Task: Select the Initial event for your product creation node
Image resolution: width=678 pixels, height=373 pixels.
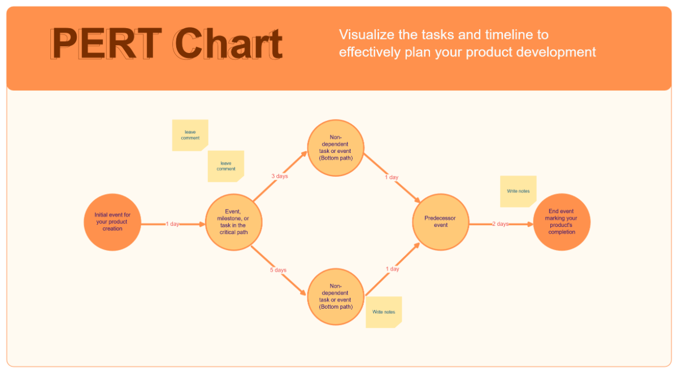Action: (x=112, y=222)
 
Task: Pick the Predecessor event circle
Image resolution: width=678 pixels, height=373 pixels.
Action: (x=440, y=222)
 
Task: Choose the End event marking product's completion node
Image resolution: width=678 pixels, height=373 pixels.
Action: (x=561, y=222)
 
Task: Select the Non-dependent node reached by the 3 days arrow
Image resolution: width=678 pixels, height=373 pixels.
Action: (x=336, y=148)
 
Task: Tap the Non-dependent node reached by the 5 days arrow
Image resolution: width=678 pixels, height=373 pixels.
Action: (x=336, y=297)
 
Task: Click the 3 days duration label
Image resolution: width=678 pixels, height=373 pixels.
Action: (x=279, y=177)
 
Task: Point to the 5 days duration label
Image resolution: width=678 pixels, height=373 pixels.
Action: (x=278, y=270)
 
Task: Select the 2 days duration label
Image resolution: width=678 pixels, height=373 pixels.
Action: (x=500, y=224)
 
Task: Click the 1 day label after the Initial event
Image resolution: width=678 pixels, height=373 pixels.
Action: (x=172, y=224)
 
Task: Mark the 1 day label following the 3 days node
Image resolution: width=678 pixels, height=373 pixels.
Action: (x=392, y=177)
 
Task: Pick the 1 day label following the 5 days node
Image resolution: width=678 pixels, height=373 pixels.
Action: (x=392, y=269)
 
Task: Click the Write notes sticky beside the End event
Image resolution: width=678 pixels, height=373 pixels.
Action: (x=518, y=191)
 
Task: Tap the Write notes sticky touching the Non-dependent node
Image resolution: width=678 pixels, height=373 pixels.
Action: (x=384, y=312)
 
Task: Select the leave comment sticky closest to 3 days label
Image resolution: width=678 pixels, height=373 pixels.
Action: (x=225, y=166)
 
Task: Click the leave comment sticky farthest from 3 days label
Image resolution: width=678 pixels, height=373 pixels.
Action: (x=190, y=135)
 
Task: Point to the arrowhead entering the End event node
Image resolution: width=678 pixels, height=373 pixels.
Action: (x=530, y=224)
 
